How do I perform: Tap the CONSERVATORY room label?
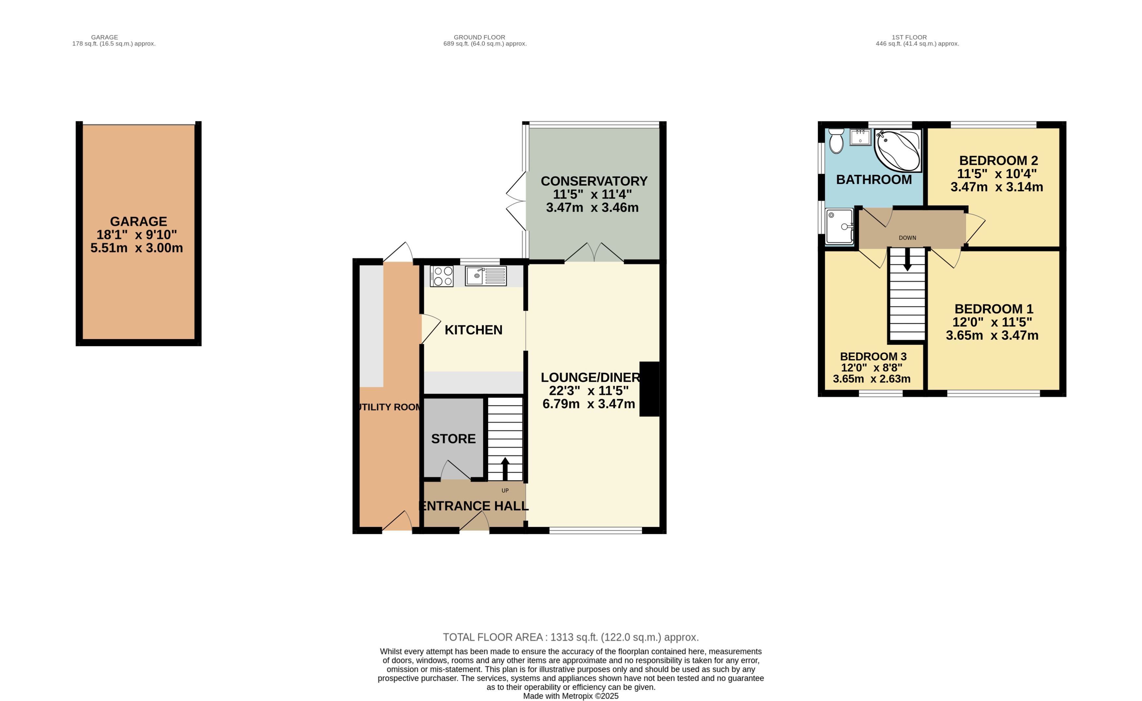(x=594, y=181)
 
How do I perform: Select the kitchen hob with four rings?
(x=442, y=276)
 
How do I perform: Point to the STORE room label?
(x=453, y=439)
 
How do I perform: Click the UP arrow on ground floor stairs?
(x=505, y=468)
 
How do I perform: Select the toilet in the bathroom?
(x=836, y=141)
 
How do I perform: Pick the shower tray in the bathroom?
(x=839, y=226)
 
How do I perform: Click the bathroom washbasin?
(x=860, y=137)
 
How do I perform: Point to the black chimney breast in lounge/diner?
(x=649, y=388)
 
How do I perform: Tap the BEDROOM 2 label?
(x=998, y=161)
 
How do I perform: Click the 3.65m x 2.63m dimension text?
(x=871, y=379)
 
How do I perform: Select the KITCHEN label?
(x=473, y=330)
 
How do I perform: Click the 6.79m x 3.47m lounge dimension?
(x=589, y=404)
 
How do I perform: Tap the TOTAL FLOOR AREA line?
(x=571, y=637)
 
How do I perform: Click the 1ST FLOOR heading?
(x=909, y=37)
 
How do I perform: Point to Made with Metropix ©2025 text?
(x=571, y=696)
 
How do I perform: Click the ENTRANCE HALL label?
(x=474, y=506)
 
